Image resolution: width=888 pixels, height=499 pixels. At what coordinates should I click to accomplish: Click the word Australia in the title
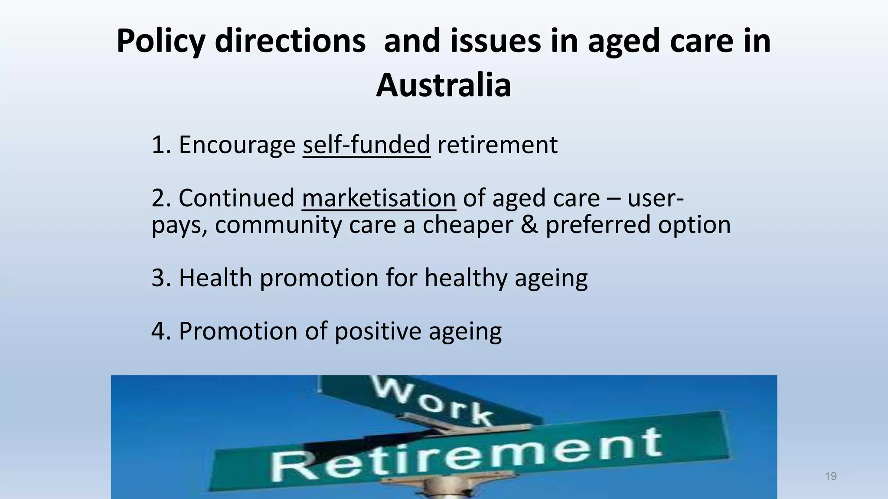[x=443, y=85]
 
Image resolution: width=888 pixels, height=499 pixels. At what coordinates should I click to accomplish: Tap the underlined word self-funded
[x=366, y=145]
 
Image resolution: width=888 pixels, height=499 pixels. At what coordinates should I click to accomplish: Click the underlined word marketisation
[x=379, y=198]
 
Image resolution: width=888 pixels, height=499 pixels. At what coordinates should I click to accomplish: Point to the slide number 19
[x=830, y=476]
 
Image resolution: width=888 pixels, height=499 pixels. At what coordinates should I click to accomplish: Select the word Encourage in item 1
[x=237, y=145]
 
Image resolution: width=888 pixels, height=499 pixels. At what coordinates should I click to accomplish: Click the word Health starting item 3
[x=215, y=278]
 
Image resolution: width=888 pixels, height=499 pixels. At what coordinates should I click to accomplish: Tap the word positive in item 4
[x=378, y=331]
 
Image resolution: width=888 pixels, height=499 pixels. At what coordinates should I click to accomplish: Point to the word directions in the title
[x=290, y=42]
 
